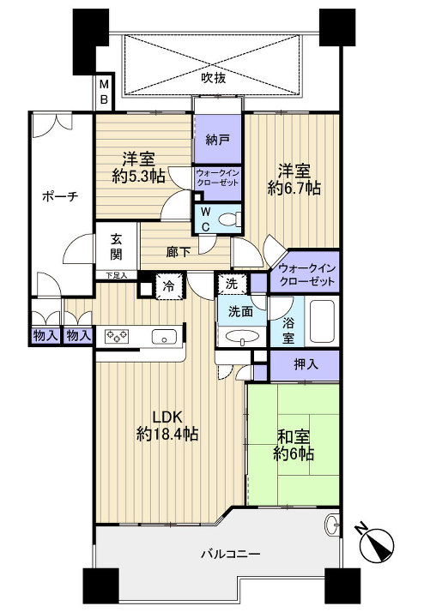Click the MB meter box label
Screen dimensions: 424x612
pos(104,92)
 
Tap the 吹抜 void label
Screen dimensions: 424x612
pos(214,78)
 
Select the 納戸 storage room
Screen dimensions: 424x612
pos(218,140)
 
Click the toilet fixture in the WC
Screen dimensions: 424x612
pos(230,219)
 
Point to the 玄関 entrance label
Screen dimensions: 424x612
pos(116,247)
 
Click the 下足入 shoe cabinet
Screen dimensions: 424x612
pos(117,275)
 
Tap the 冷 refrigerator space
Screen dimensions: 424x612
pos(169,287)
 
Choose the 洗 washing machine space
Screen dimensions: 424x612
pos(232,284)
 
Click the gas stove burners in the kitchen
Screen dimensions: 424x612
pos(118,335)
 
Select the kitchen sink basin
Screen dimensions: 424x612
pos(164,337)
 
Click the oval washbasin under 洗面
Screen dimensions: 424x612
pos(242,337)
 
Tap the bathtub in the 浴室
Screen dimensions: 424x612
pos(322,321)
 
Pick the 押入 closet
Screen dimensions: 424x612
pos(305,365)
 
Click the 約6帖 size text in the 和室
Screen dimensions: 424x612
pos(294,454)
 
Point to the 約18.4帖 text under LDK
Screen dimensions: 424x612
pos(167,434)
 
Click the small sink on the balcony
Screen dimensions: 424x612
pos(332,525)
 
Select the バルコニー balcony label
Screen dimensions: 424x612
pos(231,554)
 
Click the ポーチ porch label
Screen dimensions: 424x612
pos(60,196)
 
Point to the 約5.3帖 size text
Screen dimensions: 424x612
pos(138,177)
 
